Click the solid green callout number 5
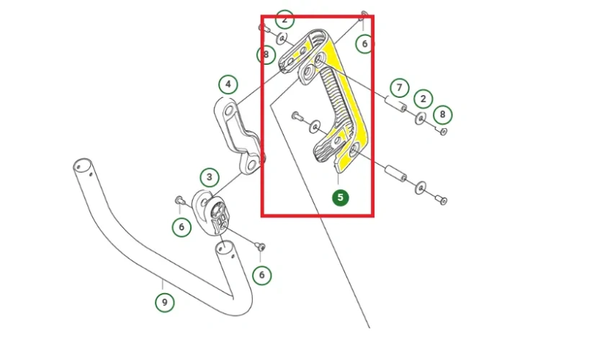pyautogui.click(x=341, y=197)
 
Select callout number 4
pyautogui.click(x=228, y=85)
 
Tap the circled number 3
pyautogui.click(x=209, y=176)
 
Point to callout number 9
pyautogui.click(x=164, y=302)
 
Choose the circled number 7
pyautogui.click(x=399, y=87)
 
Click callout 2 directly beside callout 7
pyautogui.click(x=423, y=98)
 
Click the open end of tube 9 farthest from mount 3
pyautogui.click(x=80, y=167)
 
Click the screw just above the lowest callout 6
pyautogui.click(x=261, y=247)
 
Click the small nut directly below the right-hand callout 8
pyautogui.click(x=443, y=131)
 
